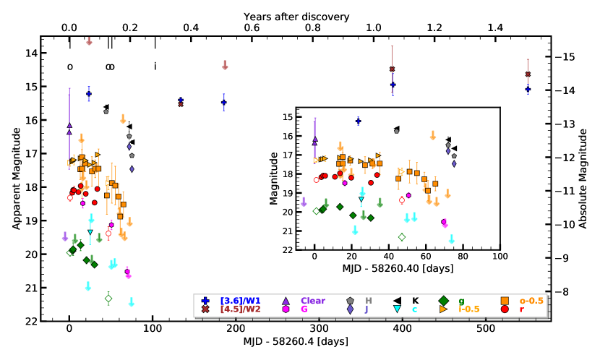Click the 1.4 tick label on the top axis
pos(495,28)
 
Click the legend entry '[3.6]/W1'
pos(235,301)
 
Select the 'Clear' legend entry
pos(312,301)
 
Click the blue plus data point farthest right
pos(528,90)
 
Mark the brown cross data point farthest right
pos(528,74)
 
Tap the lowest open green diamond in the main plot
pos(108,299)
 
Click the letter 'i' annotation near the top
pos(155,67)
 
